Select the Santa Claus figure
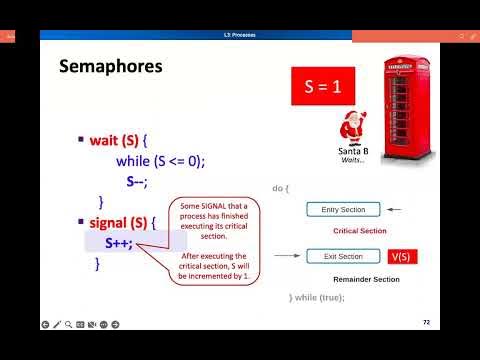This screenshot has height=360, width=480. pyautogui.click(x=352, y=126)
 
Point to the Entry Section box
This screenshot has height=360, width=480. pyautogui.click(x=342, y=209)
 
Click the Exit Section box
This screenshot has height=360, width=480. pyautogui.click(x=342, y=257)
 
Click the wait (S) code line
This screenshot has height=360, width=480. pyautogui.click(x=146, y=141)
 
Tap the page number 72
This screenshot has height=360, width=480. pyautogui.click(x=426, y=322)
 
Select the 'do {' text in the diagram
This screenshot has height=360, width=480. pyautogui.click(x=281, y=187)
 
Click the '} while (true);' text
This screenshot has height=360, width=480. pyautogui.click(x=316, y=298)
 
